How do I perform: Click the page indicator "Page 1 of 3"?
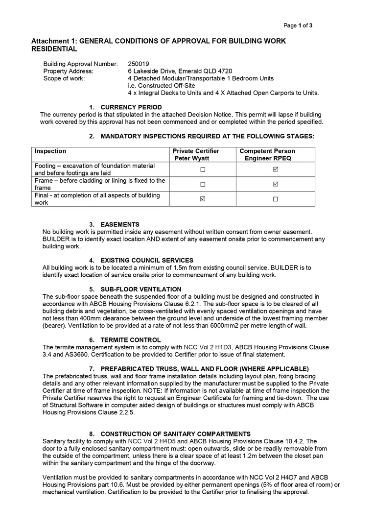click(x=298, y=25)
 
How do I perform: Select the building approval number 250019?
click(x=139, y=64)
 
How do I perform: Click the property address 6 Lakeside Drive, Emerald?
click(x=180, y=71)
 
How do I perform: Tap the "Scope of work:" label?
click(x=64, y=78)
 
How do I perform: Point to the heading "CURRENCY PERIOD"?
click(x=131, y=107)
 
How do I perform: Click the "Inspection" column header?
click(x=50, y=151)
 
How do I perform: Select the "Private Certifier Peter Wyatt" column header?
click(x=196, y=155)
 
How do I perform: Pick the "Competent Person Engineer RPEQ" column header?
click(x=267, y=155)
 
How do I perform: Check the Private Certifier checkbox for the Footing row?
click(x=203, y=169)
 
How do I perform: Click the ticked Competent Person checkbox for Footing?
click(x=276, y=169)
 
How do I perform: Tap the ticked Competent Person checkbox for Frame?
click(x=276, y=184)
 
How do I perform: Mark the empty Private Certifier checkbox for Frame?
click(x=203, y=185)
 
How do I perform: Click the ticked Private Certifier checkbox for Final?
click(x=203, y=199)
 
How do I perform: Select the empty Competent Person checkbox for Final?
click(x=276, y=199)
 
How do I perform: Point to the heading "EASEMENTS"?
click(x=120, y=224)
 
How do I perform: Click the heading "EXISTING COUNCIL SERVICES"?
click(x=147, y=260)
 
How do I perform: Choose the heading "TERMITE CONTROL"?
click(x=130, y=339)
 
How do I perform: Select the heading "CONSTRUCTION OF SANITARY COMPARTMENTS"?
click(x=175, y=434)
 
